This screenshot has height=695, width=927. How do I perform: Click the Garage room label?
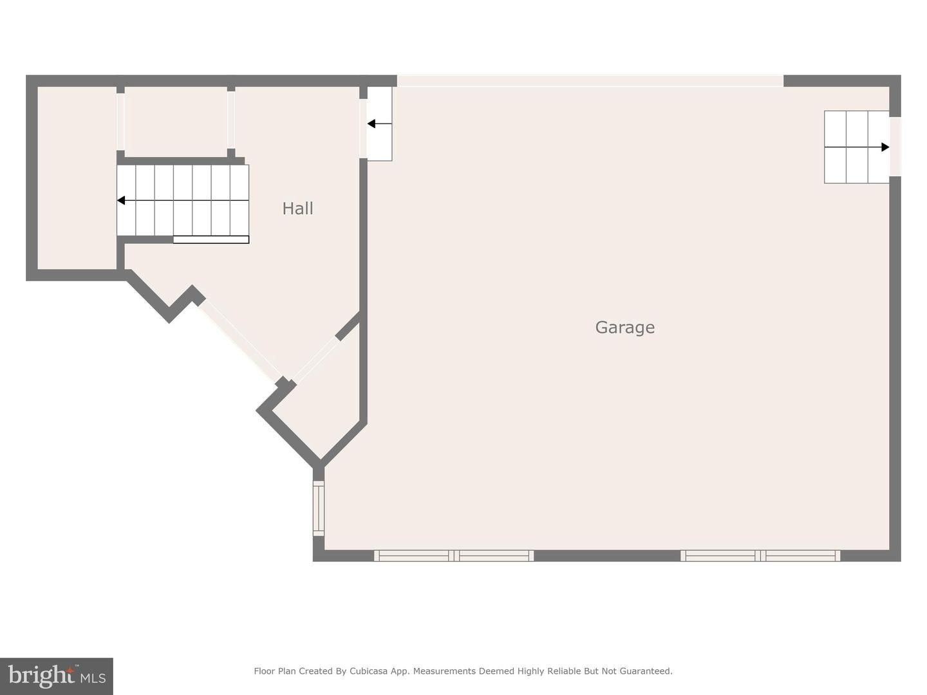click(624, 328)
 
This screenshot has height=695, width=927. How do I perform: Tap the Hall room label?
click(297, 208)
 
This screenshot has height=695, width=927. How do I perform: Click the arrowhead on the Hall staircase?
click(121, 201)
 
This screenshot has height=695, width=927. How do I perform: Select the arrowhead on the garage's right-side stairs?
click(885, 147)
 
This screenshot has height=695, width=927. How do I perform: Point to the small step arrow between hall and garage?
click(371, 124)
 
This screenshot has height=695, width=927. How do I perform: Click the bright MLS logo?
click(57, 676)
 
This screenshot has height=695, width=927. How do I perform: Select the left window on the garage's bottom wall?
click(454, 555)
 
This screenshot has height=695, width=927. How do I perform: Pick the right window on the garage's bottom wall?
click(760, 555)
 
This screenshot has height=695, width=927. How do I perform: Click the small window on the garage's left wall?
click(319, 508)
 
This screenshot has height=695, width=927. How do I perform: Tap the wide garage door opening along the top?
click(590, 80)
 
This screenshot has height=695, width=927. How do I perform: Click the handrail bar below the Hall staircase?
click(211, 240)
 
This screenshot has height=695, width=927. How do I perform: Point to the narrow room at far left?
click(77, 177)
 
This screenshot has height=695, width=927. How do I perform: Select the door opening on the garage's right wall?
click(895, 146)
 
